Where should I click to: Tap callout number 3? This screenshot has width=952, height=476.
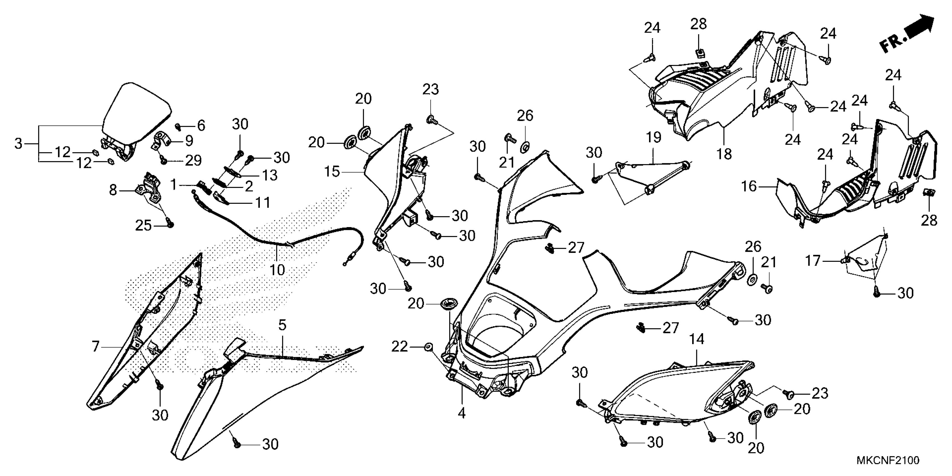(18, 143)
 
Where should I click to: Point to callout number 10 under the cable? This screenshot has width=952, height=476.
(277, 270)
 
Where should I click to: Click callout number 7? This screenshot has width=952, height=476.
(96, 347)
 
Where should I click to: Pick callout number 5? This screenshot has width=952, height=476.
(282, 325)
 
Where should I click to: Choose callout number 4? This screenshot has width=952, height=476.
(462, 413)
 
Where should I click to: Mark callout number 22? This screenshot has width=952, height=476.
(399, 347)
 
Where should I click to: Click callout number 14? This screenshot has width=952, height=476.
(697, 339)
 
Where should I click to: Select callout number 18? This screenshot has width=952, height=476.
(724, 154)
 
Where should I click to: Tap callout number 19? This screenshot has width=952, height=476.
(654, 137)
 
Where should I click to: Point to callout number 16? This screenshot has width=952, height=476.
(749, 186)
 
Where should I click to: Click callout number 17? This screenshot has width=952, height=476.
(813, 261)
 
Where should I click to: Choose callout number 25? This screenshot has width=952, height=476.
(143, 225)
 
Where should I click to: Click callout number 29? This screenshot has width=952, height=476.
(193, 160)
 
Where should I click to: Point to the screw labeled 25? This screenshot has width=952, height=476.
(170, 223)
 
